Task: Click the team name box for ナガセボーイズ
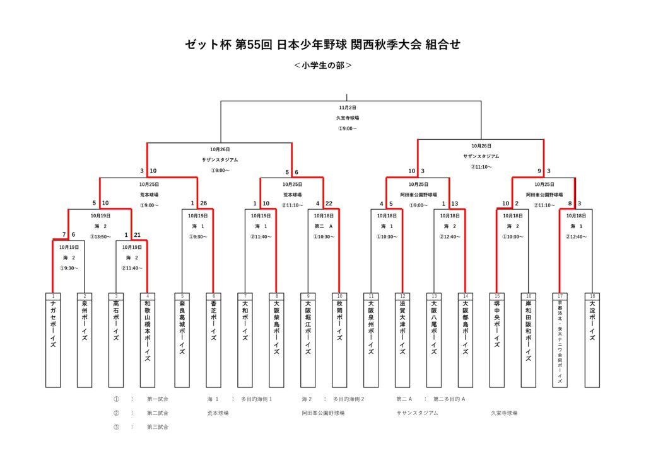(x=53, y=340)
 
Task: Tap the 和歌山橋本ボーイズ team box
(x=147, y=340)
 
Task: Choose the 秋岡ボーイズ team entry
(x=339, y=340)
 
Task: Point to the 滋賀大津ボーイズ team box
(x=402, y=340)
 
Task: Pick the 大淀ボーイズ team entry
(x=592, y=340)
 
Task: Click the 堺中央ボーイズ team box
(x=497, y=340)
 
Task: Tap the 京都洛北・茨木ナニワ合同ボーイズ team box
(x=560, y=340)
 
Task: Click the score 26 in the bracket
(x=203, y=203)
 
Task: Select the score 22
(x=329, y=203)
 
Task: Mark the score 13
(x=454, y=203)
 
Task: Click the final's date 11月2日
(x=347, y=108)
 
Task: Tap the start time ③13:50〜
(x=100, y=236)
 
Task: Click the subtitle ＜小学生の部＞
(x=323, y=65)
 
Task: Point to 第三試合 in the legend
(x=158, y=427)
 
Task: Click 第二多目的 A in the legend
(x=449, y=399)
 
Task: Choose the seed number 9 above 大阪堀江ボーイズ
(x=308, y=295)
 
